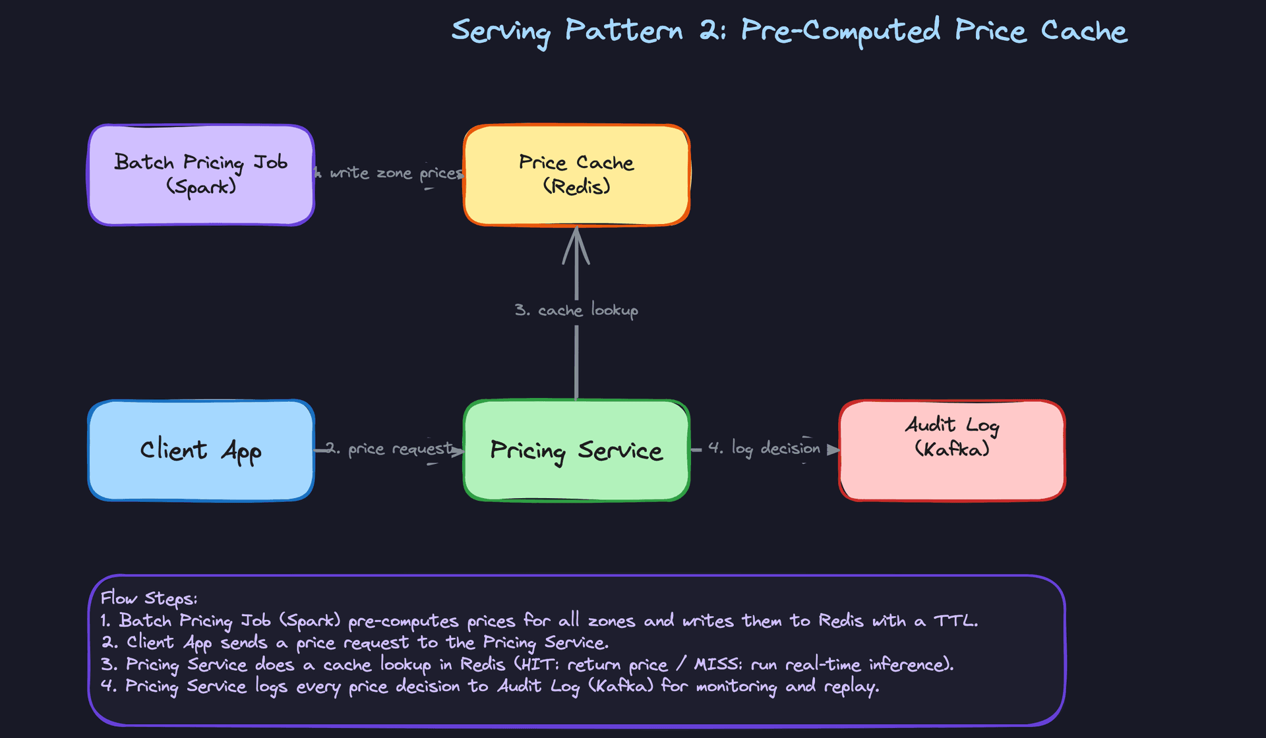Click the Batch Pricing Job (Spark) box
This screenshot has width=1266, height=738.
(x=201, y=175)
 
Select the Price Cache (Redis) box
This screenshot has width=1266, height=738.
(x=576, y=175)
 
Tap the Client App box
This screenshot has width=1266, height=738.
(x=201, y=451)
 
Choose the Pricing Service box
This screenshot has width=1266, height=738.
(x=576, y=451)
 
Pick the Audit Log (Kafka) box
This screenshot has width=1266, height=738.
(x=951, y=451)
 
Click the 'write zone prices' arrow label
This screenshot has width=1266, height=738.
(x=396, y=173)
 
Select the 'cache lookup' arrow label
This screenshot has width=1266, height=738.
(x=576, y=310)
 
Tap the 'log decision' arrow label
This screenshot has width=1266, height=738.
(x=765, y=449)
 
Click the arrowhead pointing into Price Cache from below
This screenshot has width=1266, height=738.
(x=576, y=244)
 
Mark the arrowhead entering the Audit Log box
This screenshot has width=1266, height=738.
(x=833, y=449)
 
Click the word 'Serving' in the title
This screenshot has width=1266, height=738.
(x=500, y=32)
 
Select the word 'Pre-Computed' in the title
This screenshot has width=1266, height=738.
(x=841, y=32)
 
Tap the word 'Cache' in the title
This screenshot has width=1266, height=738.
(x=1083, y=32)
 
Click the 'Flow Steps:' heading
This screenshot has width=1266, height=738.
(x=149, y=598)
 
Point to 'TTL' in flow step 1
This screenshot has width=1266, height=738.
(x=954, y=621)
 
